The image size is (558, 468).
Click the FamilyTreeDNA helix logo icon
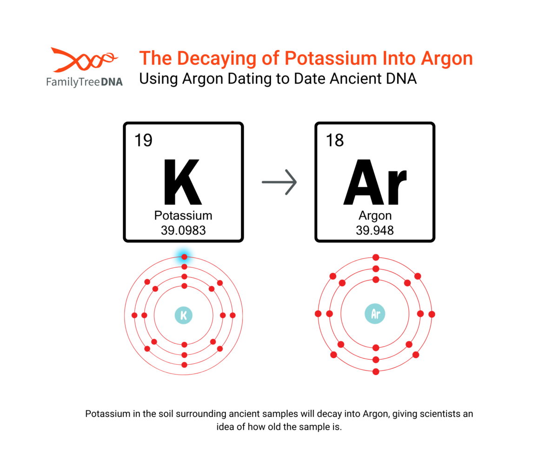click(x=84, y=60)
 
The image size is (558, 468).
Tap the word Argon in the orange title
click(x=447, y=59)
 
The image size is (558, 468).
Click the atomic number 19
click(x=143, y=140)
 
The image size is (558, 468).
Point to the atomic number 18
click(x=335, y=140)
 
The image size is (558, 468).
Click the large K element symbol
click(x=183, y=182)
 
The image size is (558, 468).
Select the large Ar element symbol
click(x=375, y=182)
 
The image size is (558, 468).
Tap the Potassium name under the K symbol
click(x=183, y=215)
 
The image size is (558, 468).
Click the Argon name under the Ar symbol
click(x=375, y=216)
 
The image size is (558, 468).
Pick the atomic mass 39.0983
click(x=183, y=230)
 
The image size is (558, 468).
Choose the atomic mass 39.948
click(x=375, y=230)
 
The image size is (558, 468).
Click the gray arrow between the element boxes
click(x=279, y=182)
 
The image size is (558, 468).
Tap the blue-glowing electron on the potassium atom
click(x=184, y=257)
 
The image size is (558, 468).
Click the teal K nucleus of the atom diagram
click(x=183, y=315)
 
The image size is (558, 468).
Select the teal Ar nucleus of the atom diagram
click(x=375, y=314)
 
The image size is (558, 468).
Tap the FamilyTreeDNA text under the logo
click(x=84, y=82)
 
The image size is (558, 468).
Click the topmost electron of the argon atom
click(x=376, y=258)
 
